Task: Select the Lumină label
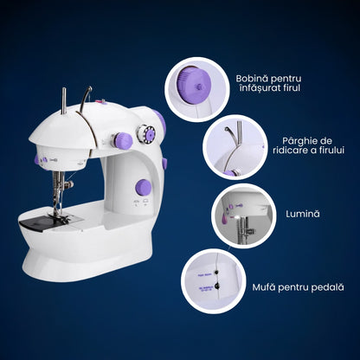(x=303, y=214)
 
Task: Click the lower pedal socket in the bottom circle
(x=217, y=286)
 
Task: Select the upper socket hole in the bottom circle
(x=216, y=274)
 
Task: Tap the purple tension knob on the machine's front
(x=123, y=141)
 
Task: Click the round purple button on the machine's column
(x=144, y=187)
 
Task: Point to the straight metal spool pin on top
(x=64, y=101)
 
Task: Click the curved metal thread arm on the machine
(x=86, y=100)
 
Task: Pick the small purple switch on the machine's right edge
(x=164, y=164)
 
